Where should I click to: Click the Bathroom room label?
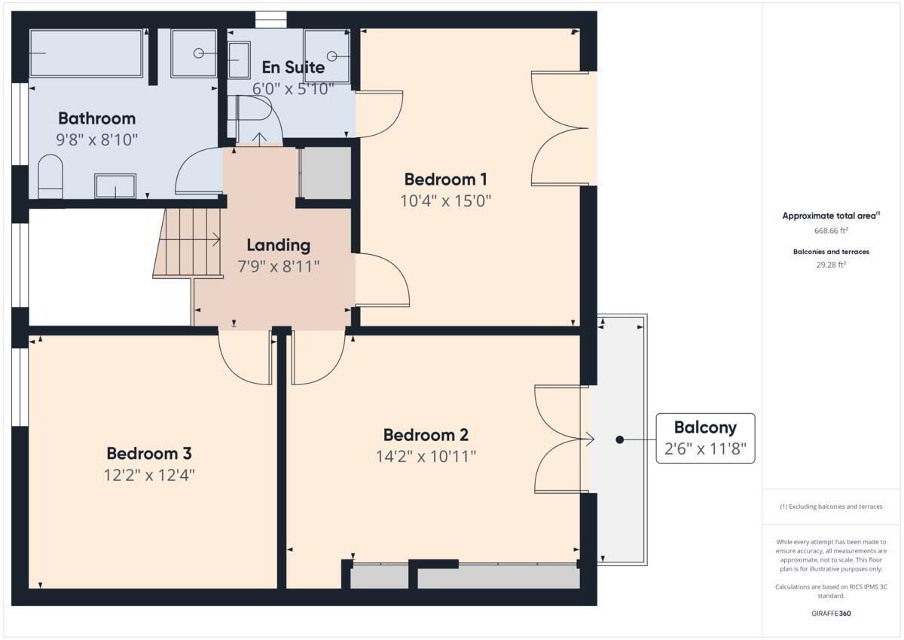(97, 118)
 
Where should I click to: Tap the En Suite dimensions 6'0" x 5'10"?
(293, 88)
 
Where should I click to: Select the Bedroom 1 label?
(445, 179)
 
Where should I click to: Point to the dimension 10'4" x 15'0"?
(445, 201)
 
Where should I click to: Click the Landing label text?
(279, 245)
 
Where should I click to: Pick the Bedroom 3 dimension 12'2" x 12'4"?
(149, 475)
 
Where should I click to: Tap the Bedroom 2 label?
(426, 435)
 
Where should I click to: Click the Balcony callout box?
(705, 438)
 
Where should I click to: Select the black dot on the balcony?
(620, 439)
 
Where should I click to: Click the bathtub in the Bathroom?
(86, 53)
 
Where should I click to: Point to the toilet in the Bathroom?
(50, 176)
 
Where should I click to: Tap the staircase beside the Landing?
(188, 243)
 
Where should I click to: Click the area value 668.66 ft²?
(831, 231)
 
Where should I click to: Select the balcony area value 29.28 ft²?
(831, 265)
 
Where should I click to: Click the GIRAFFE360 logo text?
(831, 614)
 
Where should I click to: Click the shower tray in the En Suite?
(327, 56)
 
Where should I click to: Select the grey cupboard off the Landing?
(325, 173)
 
